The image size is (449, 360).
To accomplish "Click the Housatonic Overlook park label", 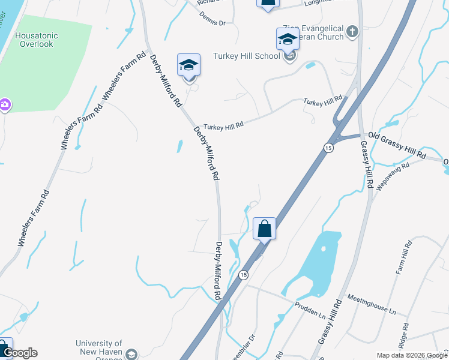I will (37, 40).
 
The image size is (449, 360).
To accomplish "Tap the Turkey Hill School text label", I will (247, 56).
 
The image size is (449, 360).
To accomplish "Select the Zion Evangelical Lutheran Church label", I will (313, 32).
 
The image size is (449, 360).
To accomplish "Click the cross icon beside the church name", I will (352, 31).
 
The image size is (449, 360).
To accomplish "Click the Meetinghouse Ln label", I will (372, 305).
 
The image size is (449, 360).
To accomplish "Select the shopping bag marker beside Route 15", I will (264, 228).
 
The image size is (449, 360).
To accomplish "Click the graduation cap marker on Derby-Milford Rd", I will (188, 65).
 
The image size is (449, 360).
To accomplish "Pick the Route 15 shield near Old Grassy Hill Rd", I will (330, 148).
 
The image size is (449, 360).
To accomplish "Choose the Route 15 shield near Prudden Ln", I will (243, 275).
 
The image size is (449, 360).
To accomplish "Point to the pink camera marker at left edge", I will (5, 106).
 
